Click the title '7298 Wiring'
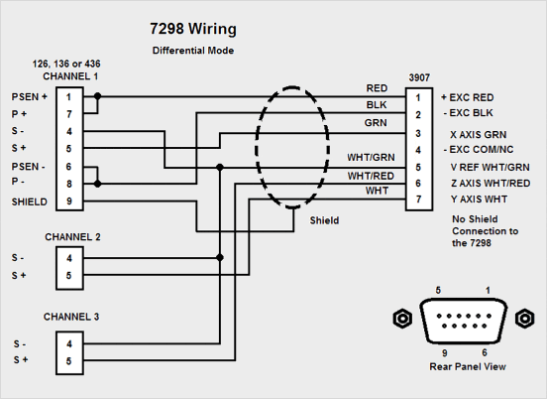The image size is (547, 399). point(193,29)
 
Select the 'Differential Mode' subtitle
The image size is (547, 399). point(193,51)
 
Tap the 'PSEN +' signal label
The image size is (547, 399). point(30,97)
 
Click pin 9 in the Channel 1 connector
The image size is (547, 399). point(69,201)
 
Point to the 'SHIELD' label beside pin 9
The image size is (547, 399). point(30,201)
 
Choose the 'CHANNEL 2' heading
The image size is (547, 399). point(72,237)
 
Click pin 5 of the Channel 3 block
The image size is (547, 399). point(69,361)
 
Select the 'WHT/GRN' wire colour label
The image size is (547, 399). point(371,158)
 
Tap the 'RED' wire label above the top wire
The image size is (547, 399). point(377,88)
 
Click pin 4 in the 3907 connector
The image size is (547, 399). point(418,150)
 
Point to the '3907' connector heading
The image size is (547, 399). point(419,77)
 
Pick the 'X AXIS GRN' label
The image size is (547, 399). point(479,135)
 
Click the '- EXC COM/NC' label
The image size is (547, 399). point(479,150)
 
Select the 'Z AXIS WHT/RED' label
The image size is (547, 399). point(491,183)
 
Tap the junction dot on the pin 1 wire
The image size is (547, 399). point(98,96)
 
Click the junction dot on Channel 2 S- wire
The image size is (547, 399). point(220,257)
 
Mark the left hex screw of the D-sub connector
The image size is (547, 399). point(402,319)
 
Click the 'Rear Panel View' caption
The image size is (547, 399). point(468,366)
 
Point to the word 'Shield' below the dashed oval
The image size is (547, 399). point(324,220)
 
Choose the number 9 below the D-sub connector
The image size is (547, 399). point(444,353)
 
